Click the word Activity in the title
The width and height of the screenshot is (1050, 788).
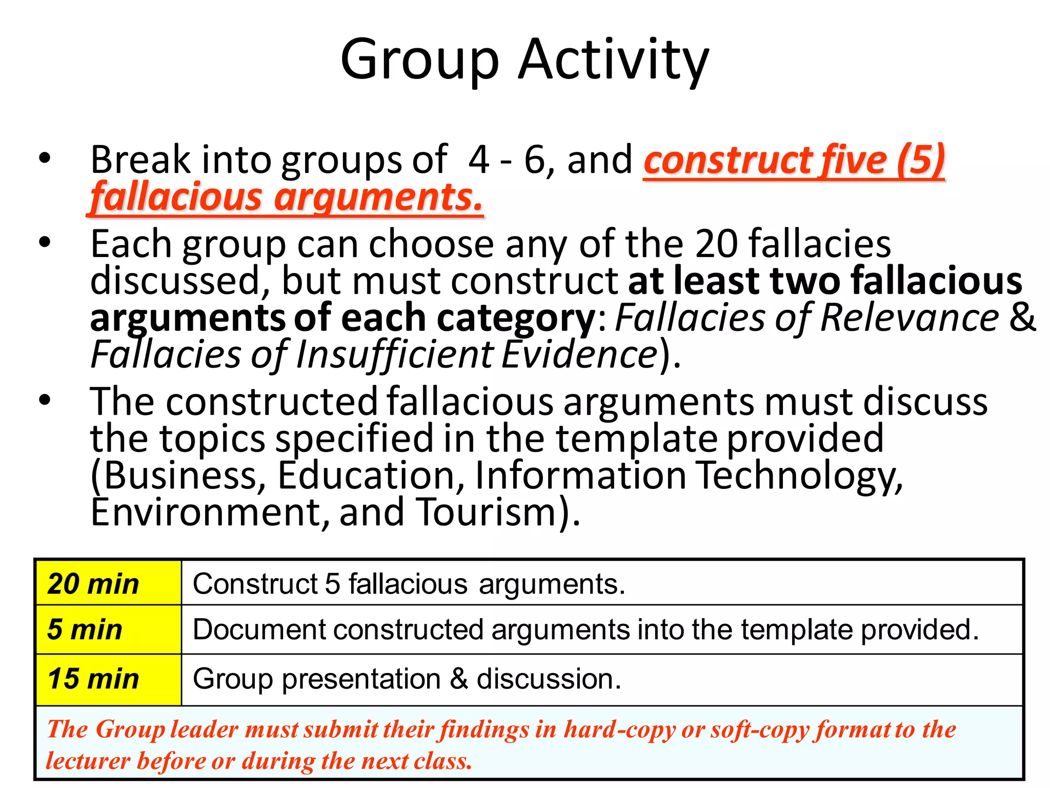pyautogui.click(x=613, y=61)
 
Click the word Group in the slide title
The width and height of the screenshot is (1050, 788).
pyautogui.click(x=419, y=61)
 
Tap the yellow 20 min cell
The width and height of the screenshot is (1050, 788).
pyautogui.click(x=108, y=583)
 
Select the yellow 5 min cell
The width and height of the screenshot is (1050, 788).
pyautogui.click(x=108, y=629)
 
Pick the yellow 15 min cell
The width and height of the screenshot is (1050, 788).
pyautogui.click(x=108, y=679)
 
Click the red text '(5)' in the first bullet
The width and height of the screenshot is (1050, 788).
pyautogui.click(x=921, y=160)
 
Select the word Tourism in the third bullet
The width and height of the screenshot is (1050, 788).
pyautogui.click(x=487, y=512)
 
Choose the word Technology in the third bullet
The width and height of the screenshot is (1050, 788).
pyautogui.click(x=800, y=475)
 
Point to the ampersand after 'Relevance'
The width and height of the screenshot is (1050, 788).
pyautogui.click(x=1022, y=317)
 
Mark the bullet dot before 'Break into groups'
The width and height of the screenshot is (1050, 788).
pyautogui.click(x=45, y=159)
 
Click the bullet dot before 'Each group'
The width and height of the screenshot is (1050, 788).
pyautogui.click(x=45, y=242)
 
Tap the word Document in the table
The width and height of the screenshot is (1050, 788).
pyautogui.click(x=259, y=629)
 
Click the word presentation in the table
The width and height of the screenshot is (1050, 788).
pyautogui.click(x=361, y=679)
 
